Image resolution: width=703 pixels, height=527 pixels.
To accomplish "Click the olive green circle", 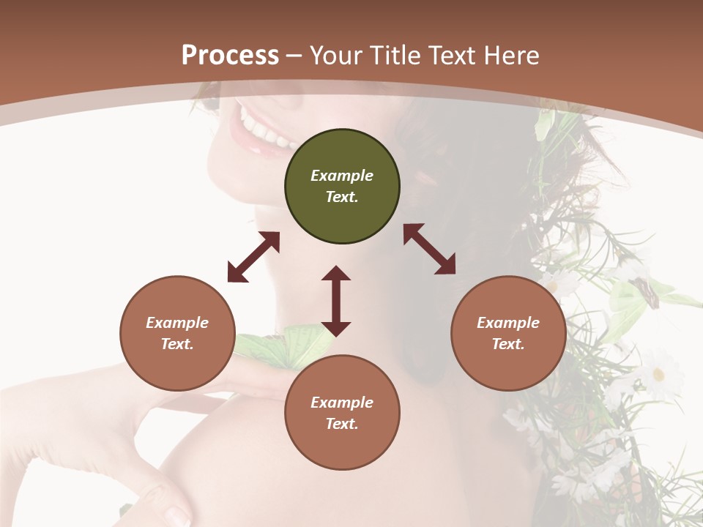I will (342, 187).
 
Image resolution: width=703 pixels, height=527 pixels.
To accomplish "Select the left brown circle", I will (177, 333).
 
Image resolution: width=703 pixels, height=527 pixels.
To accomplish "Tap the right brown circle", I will (508, 333).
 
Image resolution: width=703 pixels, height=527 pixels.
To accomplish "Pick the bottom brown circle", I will (342, 413).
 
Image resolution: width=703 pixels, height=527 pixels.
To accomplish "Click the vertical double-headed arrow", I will (336, 301).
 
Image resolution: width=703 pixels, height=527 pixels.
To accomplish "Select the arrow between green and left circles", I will (253, 257).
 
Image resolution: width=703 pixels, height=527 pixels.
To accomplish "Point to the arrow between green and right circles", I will (429, 249).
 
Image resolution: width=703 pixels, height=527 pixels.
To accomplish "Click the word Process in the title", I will (230, 55).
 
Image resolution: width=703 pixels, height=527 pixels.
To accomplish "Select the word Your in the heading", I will (335, 55).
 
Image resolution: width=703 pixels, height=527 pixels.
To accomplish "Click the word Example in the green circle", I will (342, 176).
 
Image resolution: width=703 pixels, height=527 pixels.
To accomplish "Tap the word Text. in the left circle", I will (177, 344).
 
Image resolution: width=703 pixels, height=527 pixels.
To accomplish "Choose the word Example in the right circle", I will (508, 323).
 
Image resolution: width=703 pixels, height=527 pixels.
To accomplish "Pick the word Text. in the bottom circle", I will (342, 424).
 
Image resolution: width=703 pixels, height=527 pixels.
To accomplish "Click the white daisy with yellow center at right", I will (658, 374).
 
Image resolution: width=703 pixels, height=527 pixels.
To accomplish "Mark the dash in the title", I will (294, 56).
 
